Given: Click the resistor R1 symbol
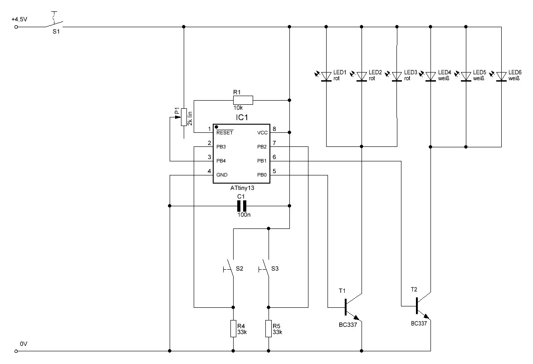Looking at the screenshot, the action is (243, 100).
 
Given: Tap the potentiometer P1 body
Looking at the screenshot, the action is (184, 117).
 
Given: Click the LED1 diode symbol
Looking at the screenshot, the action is (326, 77).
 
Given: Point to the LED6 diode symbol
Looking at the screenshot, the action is (501, 77).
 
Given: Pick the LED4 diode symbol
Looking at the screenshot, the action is (430, 77).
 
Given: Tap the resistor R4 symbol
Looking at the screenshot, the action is (233, 328).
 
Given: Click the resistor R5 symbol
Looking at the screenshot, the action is (269, 328).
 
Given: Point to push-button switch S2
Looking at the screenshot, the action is (230, 269).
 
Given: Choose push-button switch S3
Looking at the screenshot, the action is (265, 269).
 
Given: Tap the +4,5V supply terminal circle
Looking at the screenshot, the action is (15, 26).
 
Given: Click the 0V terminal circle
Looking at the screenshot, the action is (15, 351).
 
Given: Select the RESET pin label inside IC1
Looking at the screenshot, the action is (225, 132).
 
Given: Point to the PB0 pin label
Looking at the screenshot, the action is (262, 175).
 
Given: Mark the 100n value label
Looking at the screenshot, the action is (244, 215).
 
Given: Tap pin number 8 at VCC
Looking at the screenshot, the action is (274, 129).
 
